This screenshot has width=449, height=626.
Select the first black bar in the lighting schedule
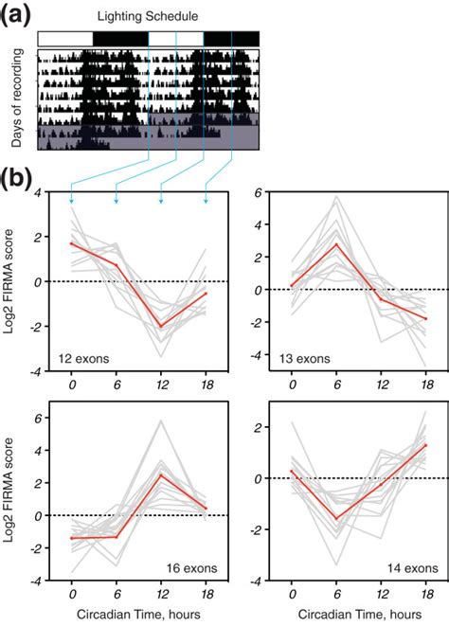coord(120,39)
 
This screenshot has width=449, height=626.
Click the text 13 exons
coord(291,358)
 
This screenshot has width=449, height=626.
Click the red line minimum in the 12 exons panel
coord(161,327)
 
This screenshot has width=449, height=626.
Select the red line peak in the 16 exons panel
coord(161,474)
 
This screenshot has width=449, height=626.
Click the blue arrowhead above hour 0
coord(71,201)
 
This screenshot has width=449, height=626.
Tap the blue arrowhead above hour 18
coord(207,201)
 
